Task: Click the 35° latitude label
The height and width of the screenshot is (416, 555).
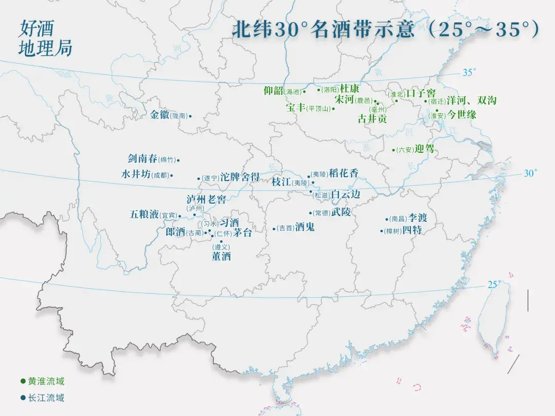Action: (469, 72)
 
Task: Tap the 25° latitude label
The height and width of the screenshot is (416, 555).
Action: (494, 284)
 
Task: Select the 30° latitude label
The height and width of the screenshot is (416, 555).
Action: (530, 173)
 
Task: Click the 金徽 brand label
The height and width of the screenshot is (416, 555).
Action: (159, 115)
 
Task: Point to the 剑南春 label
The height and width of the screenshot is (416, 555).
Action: (142, 159)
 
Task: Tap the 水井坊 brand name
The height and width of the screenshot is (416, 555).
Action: (136, 175)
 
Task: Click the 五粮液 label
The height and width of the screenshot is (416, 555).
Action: (144, 215)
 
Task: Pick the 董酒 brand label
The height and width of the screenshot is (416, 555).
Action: (221, 256)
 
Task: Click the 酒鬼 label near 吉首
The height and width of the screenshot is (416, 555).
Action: (305, 228)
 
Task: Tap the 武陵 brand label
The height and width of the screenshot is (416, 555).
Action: (341, 212)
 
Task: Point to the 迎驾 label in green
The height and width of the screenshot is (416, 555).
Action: (424, 149)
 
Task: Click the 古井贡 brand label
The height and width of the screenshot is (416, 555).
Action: (372, 119)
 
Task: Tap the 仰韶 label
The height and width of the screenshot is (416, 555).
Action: (273, 91)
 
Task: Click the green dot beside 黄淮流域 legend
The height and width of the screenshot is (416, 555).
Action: (23, 381)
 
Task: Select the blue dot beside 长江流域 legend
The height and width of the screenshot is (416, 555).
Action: (23, 398)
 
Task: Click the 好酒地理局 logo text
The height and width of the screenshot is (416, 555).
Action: (45, 38)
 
